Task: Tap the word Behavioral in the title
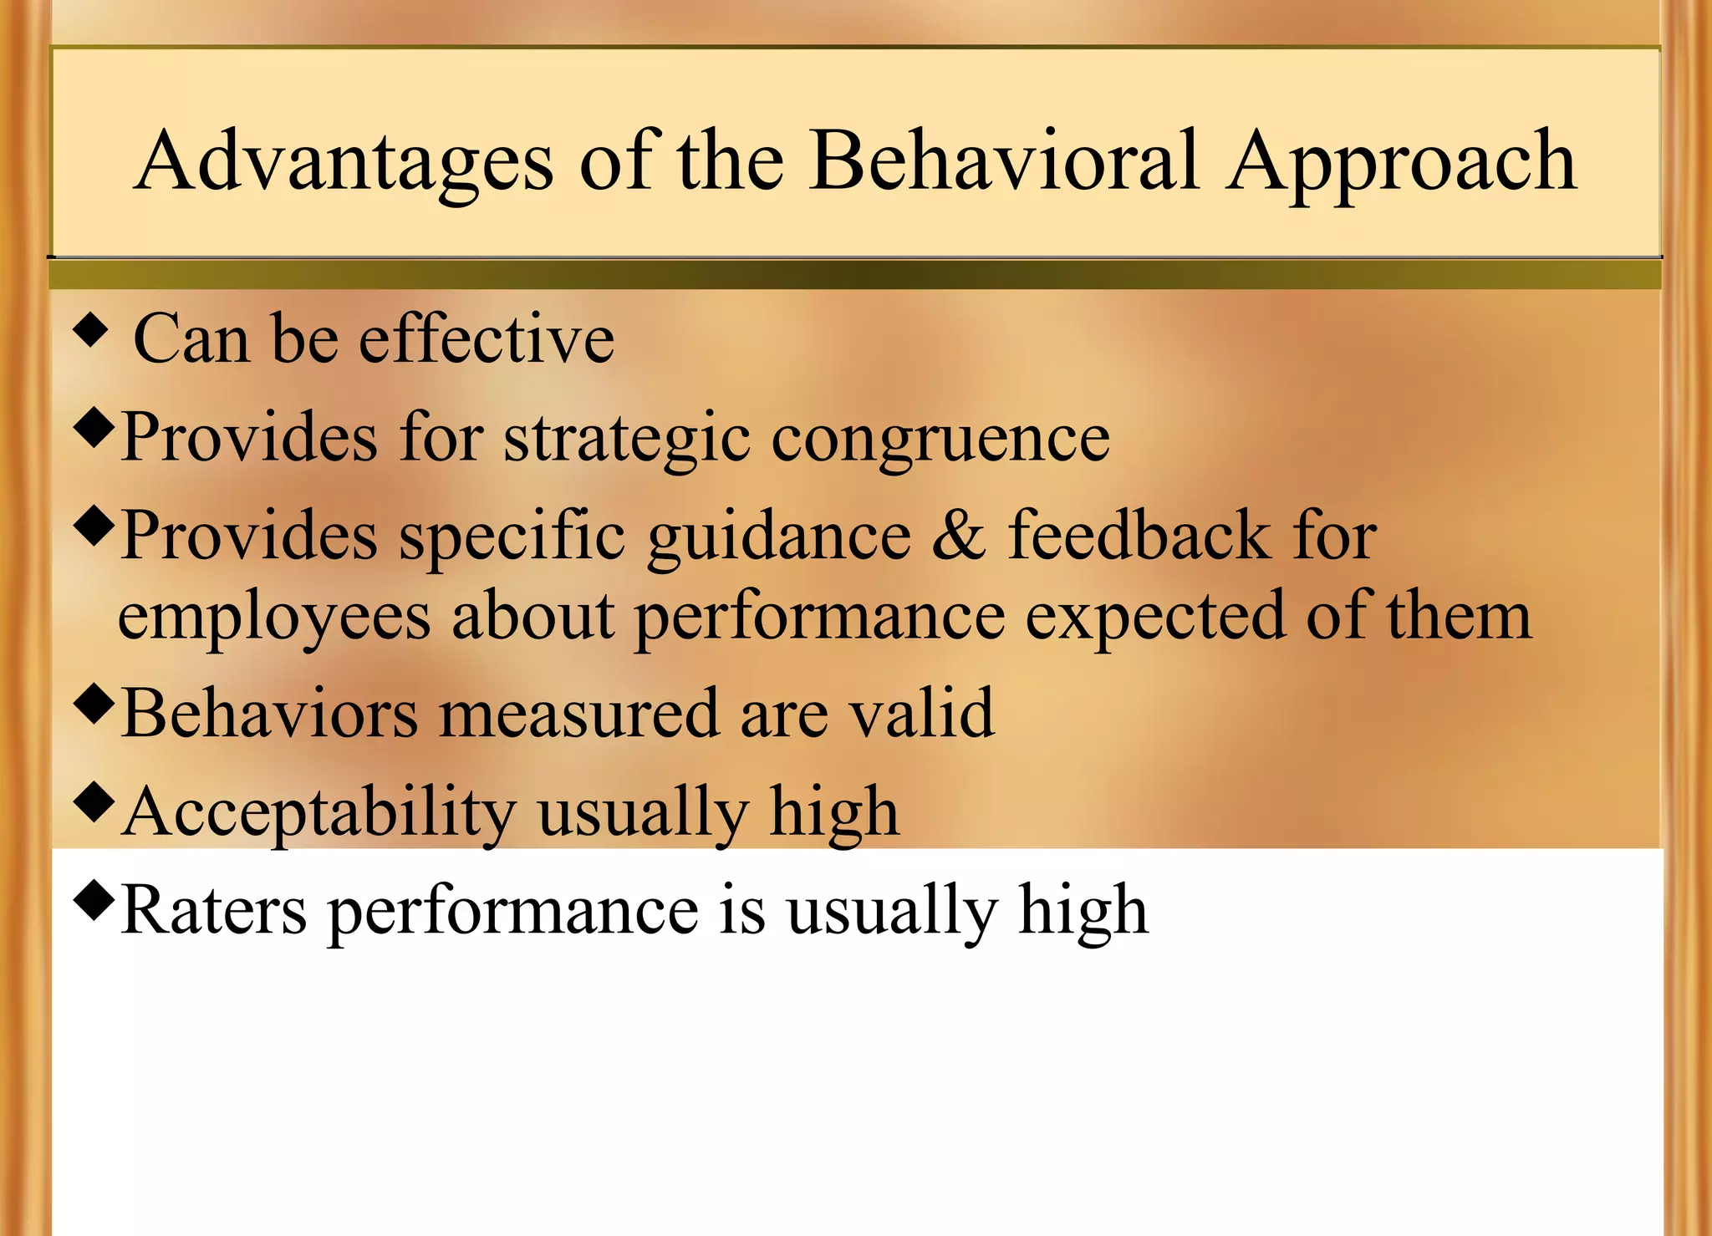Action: point(1006,160)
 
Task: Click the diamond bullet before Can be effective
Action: point(91,330)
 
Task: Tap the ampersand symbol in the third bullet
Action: point(958,535)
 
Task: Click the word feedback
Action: point(1139,535)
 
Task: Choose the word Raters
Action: point(214,910)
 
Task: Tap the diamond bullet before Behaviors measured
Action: point(93,704)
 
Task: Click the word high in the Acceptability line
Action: point(833,811)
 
